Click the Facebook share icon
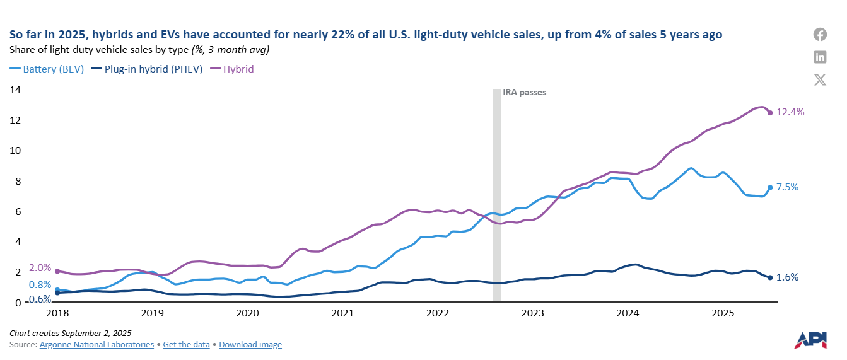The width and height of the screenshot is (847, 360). (x=820, y=35)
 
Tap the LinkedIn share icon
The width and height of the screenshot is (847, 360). (x=820, y=57)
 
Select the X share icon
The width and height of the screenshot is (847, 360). (x=820, y=79)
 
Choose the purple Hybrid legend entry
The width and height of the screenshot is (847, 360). (x=233, y=69)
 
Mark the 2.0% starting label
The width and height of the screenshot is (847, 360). (x=40, y=267)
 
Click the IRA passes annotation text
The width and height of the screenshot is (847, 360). (x=524, y=92)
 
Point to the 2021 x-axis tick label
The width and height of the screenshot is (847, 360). (x=342, y=313)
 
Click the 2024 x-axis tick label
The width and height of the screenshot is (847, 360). (x=628, y=313)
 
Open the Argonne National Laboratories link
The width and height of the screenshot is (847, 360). (x=96, y=345)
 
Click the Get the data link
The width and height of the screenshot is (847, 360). (x=187, y=345)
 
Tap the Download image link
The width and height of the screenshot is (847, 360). (x=250, y=345)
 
